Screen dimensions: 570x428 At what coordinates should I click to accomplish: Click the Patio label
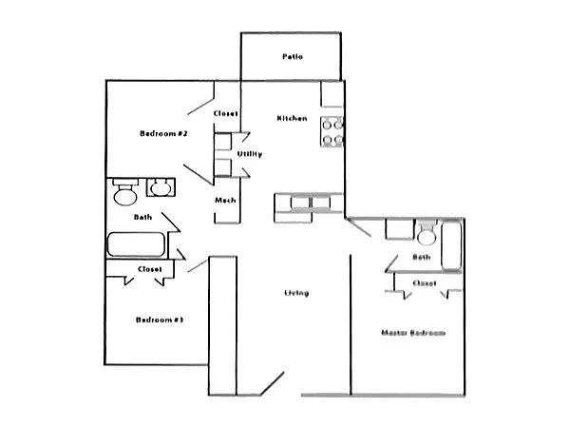292,57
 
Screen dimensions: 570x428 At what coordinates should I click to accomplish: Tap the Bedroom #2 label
161,134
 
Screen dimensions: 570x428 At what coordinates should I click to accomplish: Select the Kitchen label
291,118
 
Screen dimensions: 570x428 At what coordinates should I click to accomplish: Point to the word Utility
250,154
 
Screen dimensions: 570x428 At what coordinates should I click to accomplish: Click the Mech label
225,200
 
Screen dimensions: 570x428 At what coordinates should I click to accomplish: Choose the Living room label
295,292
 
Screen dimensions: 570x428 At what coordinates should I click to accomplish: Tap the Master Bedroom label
413,333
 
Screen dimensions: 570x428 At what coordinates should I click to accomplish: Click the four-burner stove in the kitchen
332,131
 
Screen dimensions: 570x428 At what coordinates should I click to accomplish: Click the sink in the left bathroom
160,187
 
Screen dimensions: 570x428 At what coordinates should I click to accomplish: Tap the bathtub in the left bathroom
137,244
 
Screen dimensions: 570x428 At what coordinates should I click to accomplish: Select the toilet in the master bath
427,233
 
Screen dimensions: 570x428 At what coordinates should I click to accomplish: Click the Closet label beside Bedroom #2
225,114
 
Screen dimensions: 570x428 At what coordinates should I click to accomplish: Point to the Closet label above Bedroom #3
149,269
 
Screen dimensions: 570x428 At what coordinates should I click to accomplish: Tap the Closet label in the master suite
424,282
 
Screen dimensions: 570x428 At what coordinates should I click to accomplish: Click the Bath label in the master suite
422,257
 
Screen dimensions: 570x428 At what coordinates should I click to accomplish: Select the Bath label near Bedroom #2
142,217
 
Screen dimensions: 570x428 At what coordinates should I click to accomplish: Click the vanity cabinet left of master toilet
397,229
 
